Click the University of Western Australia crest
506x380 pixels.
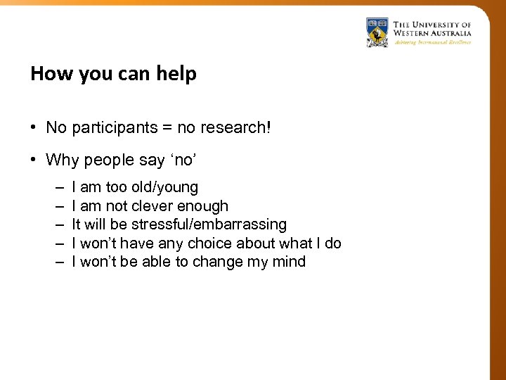[x=377, y=32]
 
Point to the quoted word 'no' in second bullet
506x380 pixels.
[x=184, y=160]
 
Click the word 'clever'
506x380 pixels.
[x=153, y=206]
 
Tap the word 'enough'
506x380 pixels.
[x=203, y=206]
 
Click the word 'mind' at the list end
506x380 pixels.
[x=290, y=262]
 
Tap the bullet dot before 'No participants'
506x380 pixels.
[x=34, y=128]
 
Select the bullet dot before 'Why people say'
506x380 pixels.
[x=34, y=160]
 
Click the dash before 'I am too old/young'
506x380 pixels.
[x=56, y=188]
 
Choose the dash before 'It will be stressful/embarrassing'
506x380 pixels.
[x=56, y=225]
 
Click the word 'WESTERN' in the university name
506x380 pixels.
[x=414, y=32]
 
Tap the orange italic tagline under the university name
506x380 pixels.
[x=432, y=42]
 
